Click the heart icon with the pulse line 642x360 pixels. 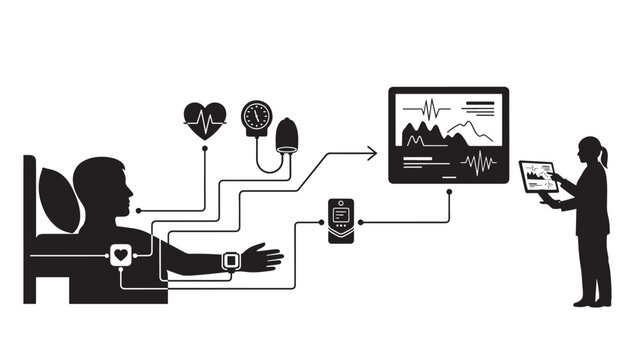click(x=205, y=120)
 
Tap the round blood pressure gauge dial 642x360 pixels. click(x=257, y=115)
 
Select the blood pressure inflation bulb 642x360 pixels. click(x=287, y=135)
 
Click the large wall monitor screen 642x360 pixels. click(x=448, y=135)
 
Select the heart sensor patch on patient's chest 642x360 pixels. click(x=121, y=255)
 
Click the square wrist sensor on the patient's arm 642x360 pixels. click(x=231, y=261)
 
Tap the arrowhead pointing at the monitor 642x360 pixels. click(x=372, y=152)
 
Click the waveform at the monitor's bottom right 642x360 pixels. click(x=479, y=161)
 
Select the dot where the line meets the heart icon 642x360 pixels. click(x=205, y=147)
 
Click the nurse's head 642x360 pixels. click(x=588, y=151)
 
